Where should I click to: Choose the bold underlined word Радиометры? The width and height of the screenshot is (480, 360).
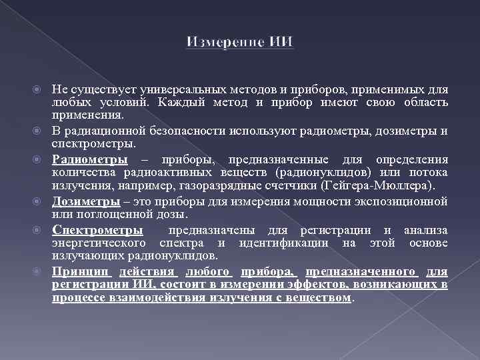pyautogui.click(x=90, y=160)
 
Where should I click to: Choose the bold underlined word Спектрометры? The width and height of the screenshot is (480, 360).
pyautogui.click(x=97, y=231)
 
